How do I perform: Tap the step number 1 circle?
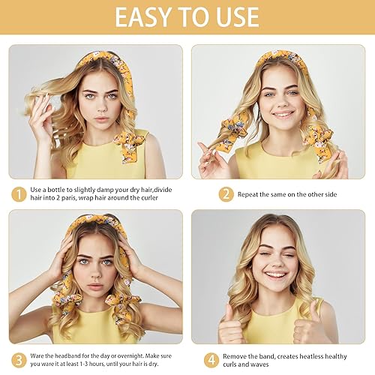[x=16, y=193]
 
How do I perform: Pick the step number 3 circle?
[x=16, y=360]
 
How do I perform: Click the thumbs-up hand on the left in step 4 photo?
[x=231, y=328]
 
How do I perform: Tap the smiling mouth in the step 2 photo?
[x=283, y=115]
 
